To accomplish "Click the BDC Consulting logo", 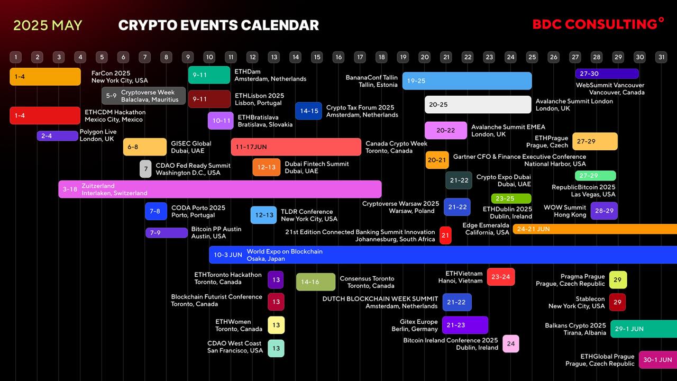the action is [598, 24].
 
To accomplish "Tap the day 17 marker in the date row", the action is [360, 57].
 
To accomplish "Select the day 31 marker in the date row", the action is [661, 57].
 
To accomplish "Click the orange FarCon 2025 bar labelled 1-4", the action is [45, 77].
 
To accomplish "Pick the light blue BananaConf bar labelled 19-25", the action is [467, 81].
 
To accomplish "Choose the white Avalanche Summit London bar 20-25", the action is [478, 105].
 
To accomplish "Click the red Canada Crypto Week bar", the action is [296, 147].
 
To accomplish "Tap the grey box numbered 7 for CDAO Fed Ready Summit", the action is [145, 169].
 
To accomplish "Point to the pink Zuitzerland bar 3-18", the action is [220, 189].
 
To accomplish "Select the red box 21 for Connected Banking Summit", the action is [445, 235].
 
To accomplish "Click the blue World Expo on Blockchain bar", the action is [443, 255].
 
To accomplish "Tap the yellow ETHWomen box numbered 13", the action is [276, 325].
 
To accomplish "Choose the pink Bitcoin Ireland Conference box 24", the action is [511, 343].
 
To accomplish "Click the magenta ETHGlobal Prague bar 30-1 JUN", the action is [658, 360].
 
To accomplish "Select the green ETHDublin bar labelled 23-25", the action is [511, 198].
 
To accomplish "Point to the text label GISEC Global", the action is [191, 143].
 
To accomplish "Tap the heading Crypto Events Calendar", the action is [218, 25].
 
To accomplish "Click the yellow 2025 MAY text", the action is [48, 25].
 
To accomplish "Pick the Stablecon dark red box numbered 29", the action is [617, 302].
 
